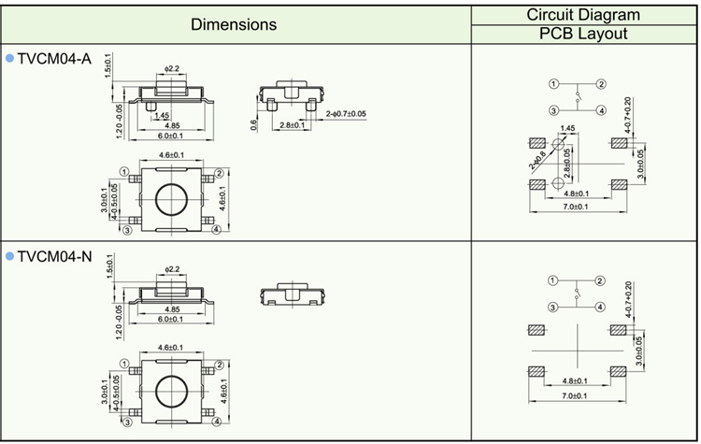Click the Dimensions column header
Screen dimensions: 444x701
(234, 24)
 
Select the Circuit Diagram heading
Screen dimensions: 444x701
(583, 14)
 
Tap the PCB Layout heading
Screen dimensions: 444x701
(583, 34)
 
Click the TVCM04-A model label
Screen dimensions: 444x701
(53, 59)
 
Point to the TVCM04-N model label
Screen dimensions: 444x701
(54, 256)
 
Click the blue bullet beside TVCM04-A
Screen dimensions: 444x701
(10, 59)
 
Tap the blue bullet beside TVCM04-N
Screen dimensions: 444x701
(10, 256)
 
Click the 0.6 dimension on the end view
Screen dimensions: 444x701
(254, 123)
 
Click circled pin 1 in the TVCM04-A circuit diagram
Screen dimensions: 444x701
(553, 84)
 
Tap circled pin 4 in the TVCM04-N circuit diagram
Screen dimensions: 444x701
(601, 306)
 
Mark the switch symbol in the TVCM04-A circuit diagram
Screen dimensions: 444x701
(578, 96)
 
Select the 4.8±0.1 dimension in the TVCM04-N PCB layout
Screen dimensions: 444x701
(576, 381)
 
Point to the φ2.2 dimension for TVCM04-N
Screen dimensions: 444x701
(171, 269)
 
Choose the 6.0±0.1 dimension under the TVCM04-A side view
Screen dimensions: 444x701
(172, 136)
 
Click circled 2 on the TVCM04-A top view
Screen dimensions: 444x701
(219, 173)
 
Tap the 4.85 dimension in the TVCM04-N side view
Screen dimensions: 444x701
(172, 309)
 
